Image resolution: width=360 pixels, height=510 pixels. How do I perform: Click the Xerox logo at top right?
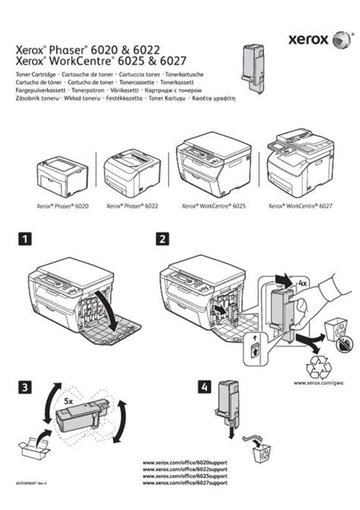coord(309,38)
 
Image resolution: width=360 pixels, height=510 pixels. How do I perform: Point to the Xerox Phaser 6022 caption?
coord(129,205)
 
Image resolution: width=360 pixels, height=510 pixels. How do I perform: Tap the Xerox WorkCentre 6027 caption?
coord(301,205)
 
